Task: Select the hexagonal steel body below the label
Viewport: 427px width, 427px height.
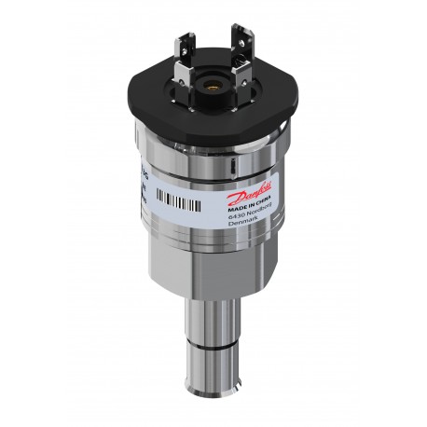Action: pos(213,266)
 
